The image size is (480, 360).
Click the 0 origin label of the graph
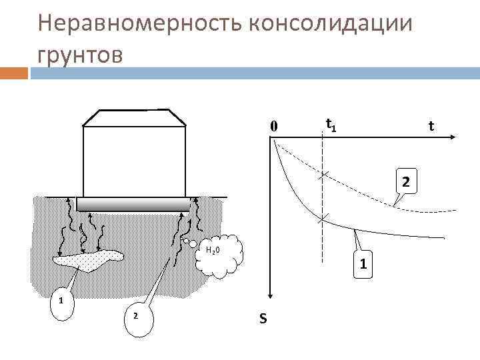[x=273, y=126]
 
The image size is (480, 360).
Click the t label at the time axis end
[x=431, y=126]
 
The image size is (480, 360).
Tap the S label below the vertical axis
[x=263, y=319]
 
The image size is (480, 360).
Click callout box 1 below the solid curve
[x=362, y=265]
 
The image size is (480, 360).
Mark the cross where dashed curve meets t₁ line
[x=323, y=175]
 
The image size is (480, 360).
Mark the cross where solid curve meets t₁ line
[x=323, y=219]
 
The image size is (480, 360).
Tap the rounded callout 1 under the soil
[x=61, y=301]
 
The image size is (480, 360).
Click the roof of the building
[x=133, y=117]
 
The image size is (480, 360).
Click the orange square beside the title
[x=14, y=72]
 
